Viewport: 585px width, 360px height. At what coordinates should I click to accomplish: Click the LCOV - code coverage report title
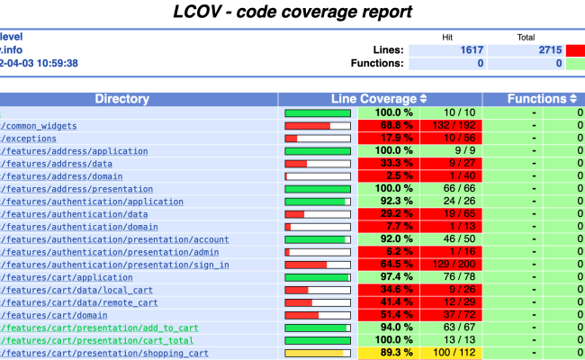pos(292,13)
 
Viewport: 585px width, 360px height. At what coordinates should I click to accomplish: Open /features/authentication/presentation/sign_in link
pos(114,265)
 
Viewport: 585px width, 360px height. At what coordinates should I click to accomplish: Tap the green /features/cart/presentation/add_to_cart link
pos(99,328)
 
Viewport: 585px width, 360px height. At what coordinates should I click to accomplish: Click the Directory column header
pos(139,99)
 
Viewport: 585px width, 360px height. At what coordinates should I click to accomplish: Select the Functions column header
pos(538,99)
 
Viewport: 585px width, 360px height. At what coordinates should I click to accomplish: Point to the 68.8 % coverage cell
pos(389,126)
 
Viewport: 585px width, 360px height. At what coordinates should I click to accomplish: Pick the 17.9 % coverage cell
pos(389,139)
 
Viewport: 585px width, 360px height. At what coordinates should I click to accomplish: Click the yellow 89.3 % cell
pos(389,354)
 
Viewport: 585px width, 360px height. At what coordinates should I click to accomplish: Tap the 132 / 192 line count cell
pos(451,126)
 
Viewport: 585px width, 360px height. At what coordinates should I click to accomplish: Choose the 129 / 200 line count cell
pos(451,265)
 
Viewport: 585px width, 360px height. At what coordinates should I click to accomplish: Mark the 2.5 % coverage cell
pos(389,176)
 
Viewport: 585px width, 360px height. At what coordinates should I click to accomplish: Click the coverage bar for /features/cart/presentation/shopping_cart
pos(318,354)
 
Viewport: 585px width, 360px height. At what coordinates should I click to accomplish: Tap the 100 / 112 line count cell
pos(451,354)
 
